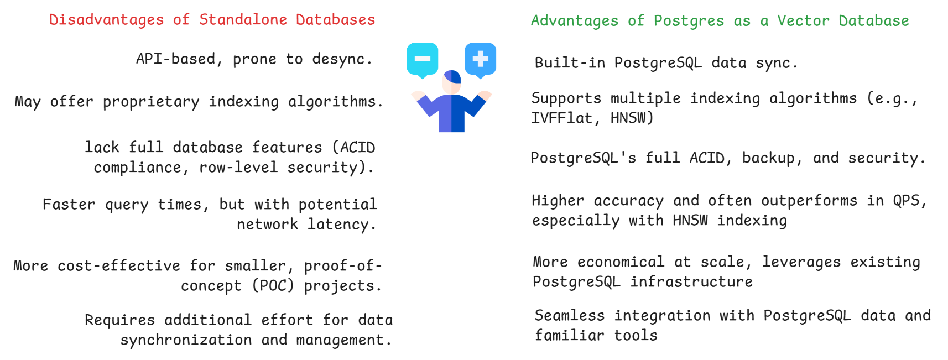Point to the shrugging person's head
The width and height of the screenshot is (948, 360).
click(452, 82)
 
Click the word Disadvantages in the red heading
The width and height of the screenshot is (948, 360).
click(106, 20)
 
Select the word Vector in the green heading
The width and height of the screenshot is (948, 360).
click(803, 21)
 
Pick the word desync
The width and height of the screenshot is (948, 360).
click(341, 59)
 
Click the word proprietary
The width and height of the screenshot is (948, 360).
click(151, 102)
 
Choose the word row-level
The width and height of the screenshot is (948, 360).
click(238, 168)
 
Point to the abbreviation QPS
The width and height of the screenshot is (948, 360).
click(909, 201)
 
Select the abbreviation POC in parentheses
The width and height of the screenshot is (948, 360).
click(273, 286)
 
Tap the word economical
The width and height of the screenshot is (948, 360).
click(621, 262)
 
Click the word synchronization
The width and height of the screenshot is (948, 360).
click(186, 340)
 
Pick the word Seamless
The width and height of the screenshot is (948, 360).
click(570, 316)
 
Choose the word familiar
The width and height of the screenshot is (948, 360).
click(570, 336)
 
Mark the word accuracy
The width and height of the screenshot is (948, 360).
click(628, 201)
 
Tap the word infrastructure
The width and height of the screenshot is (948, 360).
click(691, 282)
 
